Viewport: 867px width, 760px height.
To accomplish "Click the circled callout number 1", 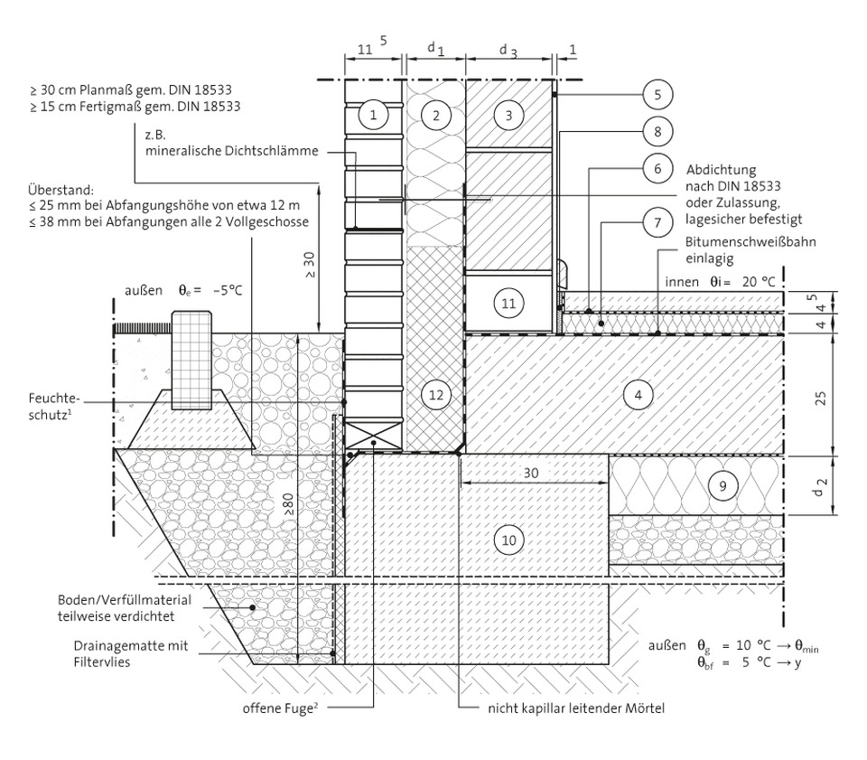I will pyautogui.click(x=372, y=115).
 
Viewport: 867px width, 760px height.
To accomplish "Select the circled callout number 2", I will pyautogui.click(x=435, y=115).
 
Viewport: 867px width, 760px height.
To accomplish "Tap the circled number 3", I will pyautogui.click(x=508, y=115).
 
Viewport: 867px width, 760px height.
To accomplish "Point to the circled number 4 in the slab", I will pyautogui.click(x=638, y=395).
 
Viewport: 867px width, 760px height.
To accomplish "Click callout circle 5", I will pyautogui.click(x=657, y=93).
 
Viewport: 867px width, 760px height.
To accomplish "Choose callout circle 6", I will pyautogui.click(x=657, y=167).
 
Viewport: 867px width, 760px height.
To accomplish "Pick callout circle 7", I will pyautogui.click(x=657, y=220).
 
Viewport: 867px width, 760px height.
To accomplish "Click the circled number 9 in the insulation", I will pyautogui.click(x=719, y=485).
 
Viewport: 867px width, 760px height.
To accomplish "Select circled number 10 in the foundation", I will pyautogui.click(x=509, y=540).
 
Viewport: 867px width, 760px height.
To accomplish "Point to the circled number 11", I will pyautogui.click(x=508, y=304).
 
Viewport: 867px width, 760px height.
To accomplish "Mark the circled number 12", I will pyautogui.click(x=435, y=395).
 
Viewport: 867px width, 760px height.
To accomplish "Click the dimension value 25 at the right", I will pyautogui.click(x=820, y=395).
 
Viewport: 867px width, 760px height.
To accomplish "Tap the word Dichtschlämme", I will pyautogui.click(x=274, y=151).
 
